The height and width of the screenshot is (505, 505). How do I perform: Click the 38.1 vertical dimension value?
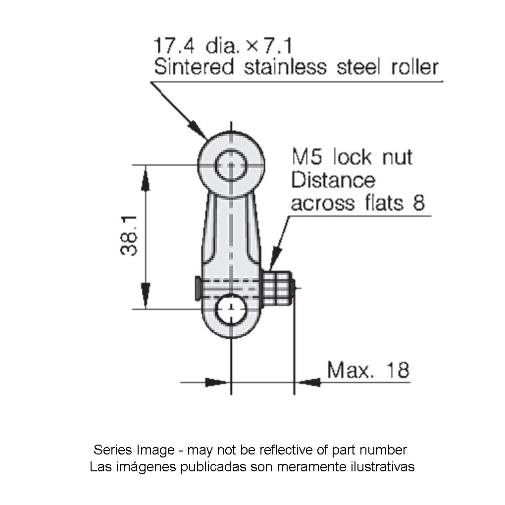tap(129, 236)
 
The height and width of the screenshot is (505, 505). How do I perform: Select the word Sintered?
tap(194, 67)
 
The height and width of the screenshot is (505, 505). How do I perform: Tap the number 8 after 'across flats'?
tap(419, 202)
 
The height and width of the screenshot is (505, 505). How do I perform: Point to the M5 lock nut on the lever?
tap(277, 287)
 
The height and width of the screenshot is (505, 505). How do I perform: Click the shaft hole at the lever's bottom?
tap(231, 309)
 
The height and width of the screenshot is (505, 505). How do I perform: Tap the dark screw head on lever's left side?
tap(198, 288)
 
